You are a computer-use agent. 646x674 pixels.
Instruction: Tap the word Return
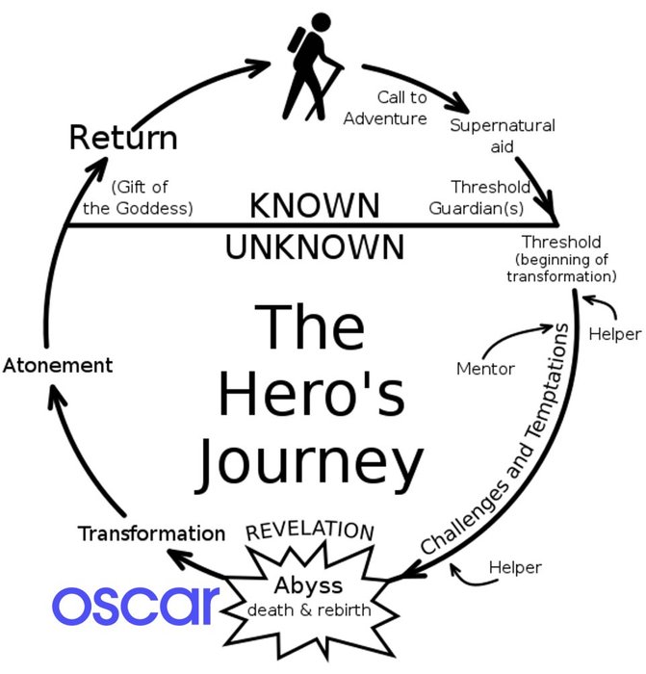(x=123, y=138)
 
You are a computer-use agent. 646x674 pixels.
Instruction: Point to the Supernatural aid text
(x=503, y=136)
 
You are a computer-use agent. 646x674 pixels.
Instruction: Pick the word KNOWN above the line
(x=315, y=205)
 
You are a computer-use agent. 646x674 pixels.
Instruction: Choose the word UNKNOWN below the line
(x=315, y=246)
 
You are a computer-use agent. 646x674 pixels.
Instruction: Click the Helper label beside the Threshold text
(x=615, y=333)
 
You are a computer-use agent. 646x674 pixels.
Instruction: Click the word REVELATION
(x=310, y=531)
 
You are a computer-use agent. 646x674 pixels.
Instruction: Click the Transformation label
(x=152, y=532)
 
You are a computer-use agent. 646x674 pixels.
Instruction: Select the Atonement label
(x=58, y=366)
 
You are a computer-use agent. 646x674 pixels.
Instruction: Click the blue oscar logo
(x=136, y=604)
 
